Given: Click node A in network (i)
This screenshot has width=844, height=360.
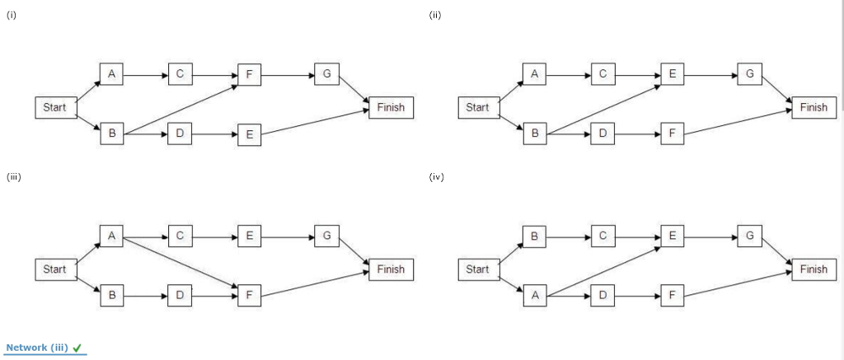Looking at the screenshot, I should (110, 74).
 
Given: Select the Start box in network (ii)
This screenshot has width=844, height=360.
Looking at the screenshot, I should (477, 108).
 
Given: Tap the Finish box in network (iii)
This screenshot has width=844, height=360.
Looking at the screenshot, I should (391, 269).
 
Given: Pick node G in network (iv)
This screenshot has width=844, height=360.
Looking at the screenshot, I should (748, 236).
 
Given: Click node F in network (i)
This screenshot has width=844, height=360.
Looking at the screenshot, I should (249, 74).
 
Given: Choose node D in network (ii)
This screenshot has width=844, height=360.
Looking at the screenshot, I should (603, 133).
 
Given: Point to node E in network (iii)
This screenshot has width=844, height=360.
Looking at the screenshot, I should (249, 236).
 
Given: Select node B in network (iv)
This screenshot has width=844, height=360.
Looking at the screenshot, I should (534, 236).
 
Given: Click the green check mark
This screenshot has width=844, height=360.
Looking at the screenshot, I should (77, 348).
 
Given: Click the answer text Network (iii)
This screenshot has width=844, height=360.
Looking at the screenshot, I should (37, 348).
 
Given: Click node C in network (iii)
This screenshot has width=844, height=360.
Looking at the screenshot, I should (180, 236).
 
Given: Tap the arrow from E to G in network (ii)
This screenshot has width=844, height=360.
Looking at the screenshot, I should (710, 74).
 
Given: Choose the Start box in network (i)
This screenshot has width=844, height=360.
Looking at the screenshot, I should (54, 108).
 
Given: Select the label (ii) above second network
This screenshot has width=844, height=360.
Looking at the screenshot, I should (435, 15).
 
